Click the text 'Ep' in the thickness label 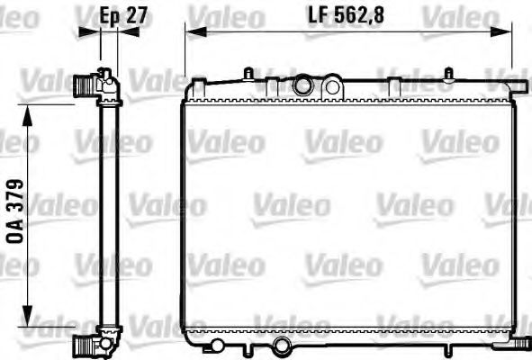109,15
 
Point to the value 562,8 360,15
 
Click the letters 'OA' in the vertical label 15,230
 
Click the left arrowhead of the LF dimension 190,31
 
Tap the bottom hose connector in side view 85,344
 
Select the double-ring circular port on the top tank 302,86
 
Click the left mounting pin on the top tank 247,72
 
